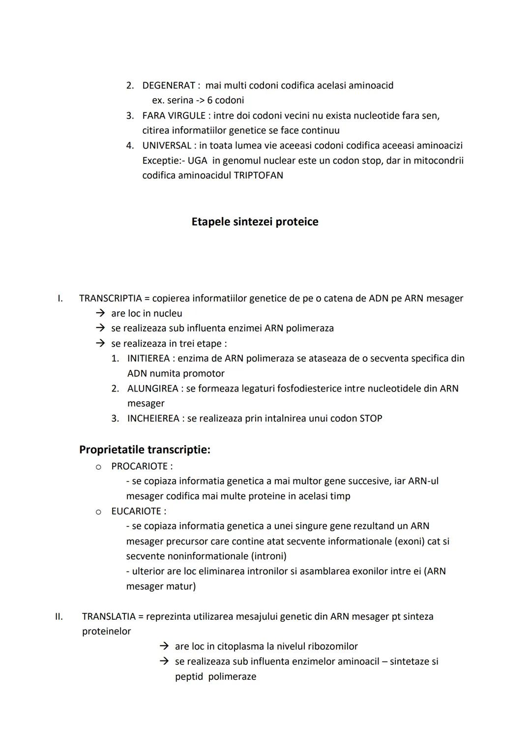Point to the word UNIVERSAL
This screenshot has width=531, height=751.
[x=167, y=146]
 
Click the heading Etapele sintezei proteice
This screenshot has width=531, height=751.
[x=255, y=222]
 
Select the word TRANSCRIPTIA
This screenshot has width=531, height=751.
[x=110, y=299]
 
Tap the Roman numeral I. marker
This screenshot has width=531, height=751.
[x=60, y=299]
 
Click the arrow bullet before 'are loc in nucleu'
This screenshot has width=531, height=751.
[x=100, y=313]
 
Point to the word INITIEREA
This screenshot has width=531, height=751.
[x=148, y=359]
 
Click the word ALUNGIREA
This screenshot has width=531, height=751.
[x=152, y=389]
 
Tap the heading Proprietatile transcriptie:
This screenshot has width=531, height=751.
[x=145, y=450]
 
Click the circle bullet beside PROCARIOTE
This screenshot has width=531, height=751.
[x=98, y=467]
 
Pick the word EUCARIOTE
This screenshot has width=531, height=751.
[x=136, y=511]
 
